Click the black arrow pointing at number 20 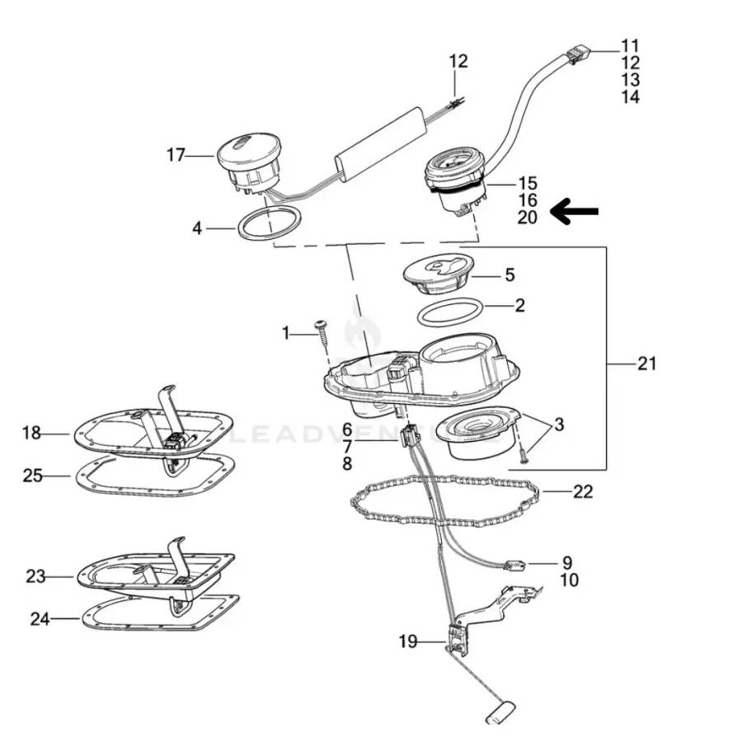pyautogui.click(x=574, y=212)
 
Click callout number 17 pyautogui.click(x=176, y=154)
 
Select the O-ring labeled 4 pyautogui.click(x=269, y=223)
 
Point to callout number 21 pyautogui.click(x=647, y=362)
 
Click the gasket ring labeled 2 pyautogui.click(x=451, y=313)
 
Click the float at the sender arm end pyautogui.click(x=502, y=711)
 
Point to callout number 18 pyautogui.click(x=31, y=433)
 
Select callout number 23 pyautogui.click(x=35, y=576)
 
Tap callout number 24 pyautogui.click(x=39, y=617)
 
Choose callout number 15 pyautogui.click(x=528, y=183)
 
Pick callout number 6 pyautogui.click(x=347, y=430)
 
